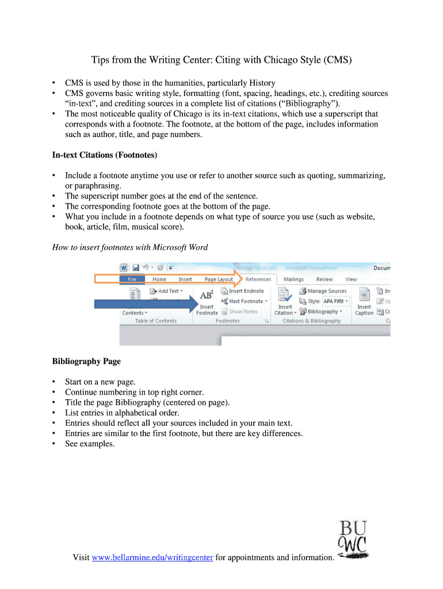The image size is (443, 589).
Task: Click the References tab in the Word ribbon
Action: point(258,280)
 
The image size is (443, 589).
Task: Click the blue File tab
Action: point(132,280)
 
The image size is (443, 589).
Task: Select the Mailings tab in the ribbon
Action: point(293,280)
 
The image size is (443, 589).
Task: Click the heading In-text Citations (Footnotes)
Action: point(104,155)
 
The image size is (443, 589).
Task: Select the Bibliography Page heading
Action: point(86,361)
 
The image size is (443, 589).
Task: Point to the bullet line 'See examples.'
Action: point(90,443)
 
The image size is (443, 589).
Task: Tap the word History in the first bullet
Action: point(262,83)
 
